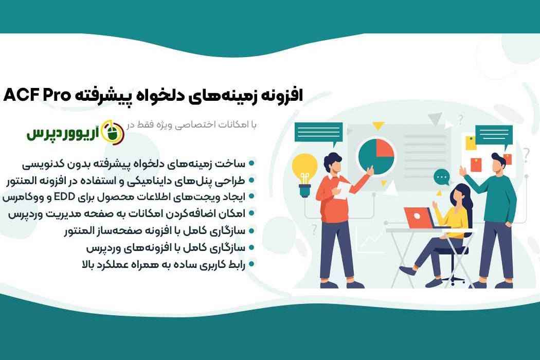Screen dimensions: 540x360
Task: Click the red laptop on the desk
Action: coord(418,218)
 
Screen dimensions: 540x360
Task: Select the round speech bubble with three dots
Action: coord(441,178)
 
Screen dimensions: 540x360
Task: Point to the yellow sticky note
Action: coord(471,143)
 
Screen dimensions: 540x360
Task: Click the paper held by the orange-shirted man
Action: coord(343,190)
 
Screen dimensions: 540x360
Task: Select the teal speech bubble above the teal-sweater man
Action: coord(494,135)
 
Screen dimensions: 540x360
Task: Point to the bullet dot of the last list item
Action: coord(251,264)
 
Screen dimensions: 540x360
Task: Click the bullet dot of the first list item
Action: coord(251,164)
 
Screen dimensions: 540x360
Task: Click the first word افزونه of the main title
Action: coord(281,95)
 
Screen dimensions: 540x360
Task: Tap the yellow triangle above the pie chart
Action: coord(378,126)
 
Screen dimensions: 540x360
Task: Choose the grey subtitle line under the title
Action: coord(192,124)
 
